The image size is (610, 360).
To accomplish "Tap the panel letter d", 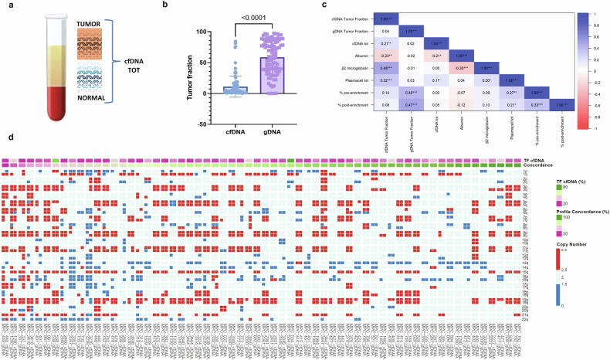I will tap(7, 138).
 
